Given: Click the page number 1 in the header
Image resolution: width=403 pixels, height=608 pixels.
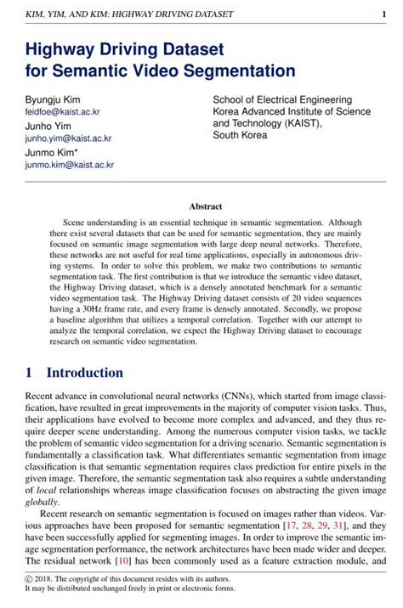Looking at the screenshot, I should tap(384, 13).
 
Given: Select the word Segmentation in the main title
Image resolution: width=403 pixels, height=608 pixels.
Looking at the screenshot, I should tap(230, 71).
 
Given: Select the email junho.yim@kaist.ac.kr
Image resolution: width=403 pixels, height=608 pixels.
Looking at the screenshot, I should tap(68, 138).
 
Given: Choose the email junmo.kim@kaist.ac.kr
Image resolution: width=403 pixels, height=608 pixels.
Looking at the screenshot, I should tap(69, 165).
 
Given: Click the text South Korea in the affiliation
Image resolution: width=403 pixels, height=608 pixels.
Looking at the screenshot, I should tap(241, 135).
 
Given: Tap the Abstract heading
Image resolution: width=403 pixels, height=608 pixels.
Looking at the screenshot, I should tap(205, 206).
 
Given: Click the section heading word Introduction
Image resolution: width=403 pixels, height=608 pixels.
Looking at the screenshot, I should tap(84, 373).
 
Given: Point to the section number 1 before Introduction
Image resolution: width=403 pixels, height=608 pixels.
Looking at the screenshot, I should tap(29, 373).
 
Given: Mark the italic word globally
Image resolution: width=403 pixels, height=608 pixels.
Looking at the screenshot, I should tap(42, 502).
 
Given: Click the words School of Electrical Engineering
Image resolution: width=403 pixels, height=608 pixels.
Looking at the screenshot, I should tap(281, 99).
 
